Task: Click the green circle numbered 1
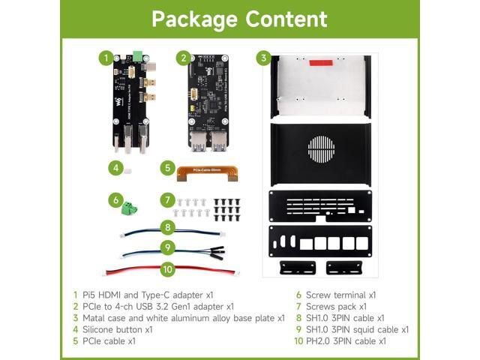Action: [108, 58]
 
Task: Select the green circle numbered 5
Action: [168, 168]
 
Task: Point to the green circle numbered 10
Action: [168, 267]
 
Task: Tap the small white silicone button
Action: [128, 170]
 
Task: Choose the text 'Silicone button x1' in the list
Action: [117, 328]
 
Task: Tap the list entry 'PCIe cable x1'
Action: [109, 340]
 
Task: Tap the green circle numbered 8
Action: [168, 226]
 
